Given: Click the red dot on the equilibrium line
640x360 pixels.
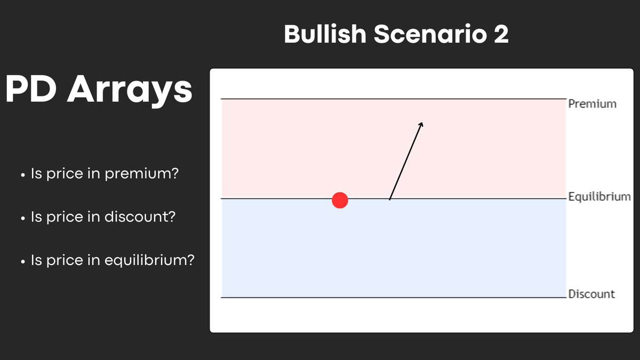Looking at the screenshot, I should (x=340, y=201).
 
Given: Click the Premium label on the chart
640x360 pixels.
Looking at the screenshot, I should (x=592, y=103).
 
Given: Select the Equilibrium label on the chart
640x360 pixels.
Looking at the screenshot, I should (x=599, y=197).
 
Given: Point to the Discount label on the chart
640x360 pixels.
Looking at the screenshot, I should (x=591, y=294).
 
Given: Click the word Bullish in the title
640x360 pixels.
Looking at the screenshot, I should (x=325, y=35).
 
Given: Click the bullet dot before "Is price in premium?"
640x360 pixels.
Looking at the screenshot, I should (x=22, y=175).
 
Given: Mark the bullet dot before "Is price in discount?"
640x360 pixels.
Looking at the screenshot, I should (x=22, y=218).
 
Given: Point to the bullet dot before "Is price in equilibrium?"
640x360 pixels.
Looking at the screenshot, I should (x=22, y=261).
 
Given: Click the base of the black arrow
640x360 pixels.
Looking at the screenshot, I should (x=390, y=199).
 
